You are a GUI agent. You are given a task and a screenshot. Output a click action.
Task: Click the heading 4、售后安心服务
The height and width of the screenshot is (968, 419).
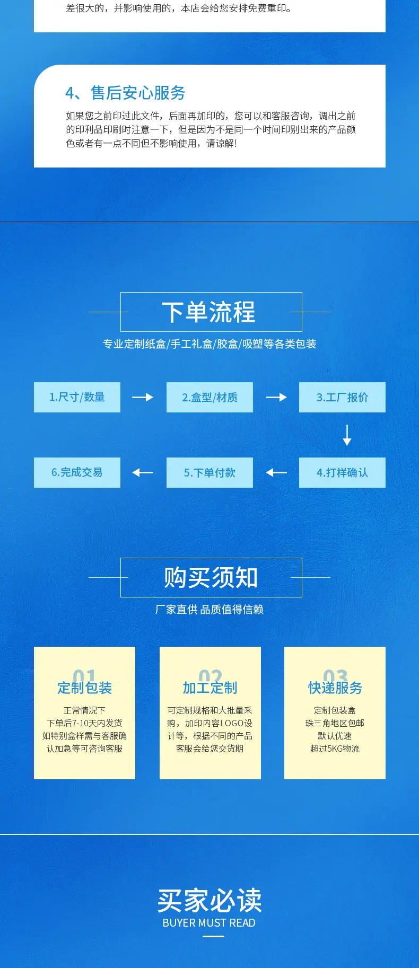[x=125, y=93]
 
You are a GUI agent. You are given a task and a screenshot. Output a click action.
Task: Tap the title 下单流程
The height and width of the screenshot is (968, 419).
[x=209, y=312]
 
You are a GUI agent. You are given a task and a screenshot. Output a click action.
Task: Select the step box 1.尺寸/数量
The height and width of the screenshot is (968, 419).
[x=77, y=397]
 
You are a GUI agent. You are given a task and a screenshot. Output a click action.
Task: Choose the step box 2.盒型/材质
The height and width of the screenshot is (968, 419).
[x=210, y=397]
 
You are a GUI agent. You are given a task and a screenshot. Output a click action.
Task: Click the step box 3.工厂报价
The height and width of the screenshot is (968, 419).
[x=342, y=397]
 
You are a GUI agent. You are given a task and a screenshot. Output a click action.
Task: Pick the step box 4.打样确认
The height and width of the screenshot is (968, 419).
[x=342, y=472]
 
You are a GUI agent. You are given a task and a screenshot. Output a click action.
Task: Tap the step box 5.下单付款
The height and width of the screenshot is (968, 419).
[x=210, y=472]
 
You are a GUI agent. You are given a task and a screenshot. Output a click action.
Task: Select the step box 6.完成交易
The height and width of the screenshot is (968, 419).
[x=77, y=472]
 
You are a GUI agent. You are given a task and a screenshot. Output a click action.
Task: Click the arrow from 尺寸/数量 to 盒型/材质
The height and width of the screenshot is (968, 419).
[x=143, y=397]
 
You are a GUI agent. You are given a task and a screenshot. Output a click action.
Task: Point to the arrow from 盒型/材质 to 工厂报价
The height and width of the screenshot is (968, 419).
[x=276, y=397]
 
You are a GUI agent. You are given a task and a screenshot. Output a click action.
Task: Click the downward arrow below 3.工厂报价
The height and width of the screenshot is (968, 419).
[x=347, y=435]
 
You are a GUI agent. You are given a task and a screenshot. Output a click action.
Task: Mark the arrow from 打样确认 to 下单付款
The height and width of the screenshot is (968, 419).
[x=276, y=472]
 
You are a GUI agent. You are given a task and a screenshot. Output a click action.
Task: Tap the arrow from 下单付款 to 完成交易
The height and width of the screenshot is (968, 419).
[x=143, y=472]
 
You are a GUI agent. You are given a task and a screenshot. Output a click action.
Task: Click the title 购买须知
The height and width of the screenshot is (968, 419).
[x=211, y=578]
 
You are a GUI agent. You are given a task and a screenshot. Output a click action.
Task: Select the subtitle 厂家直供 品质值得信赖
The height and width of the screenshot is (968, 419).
[x=210, y=610]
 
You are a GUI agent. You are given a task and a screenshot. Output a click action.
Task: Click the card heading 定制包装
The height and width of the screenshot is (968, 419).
[x=85, y=688]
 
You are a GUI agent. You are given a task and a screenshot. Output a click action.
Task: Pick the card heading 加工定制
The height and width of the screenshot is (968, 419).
[x=210, y=688]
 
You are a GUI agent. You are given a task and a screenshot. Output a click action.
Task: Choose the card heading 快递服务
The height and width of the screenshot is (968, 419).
[x=335, y=688]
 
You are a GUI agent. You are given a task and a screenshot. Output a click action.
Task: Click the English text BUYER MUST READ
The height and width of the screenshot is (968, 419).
[x=209, y=923]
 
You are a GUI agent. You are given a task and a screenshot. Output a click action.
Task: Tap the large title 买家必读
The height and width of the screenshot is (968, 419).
[x=210, y=900]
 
